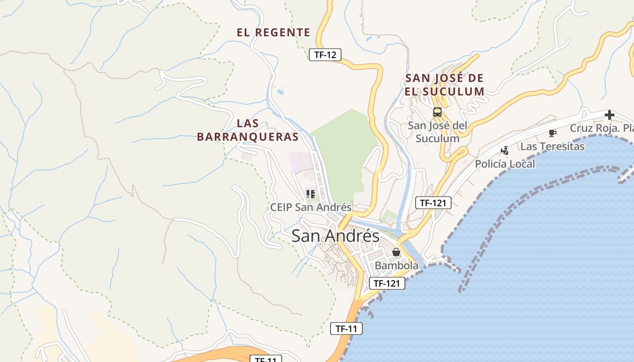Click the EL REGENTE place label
click(274, 33)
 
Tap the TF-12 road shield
click(325, 55)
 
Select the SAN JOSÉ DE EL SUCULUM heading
click(445, 85)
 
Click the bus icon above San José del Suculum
click(437, 112)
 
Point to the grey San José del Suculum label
click(437, 132)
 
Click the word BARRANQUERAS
click(248, 137)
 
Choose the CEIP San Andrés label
click(311, 207)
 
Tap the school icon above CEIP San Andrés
click(310, 194)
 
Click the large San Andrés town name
click(335, 236)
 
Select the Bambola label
click(397, 266)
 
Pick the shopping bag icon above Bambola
click(396, 252)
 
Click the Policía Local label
click(504, 164)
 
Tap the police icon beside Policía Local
click(504, 151)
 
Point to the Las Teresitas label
click(552, 146)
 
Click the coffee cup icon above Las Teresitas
click(552, 133)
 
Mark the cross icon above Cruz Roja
click(610, 115)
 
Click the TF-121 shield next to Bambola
click(387, 283)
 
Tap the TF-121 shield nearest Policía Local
click(433, 203)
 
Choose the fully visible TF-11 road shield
click(346, 329)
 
